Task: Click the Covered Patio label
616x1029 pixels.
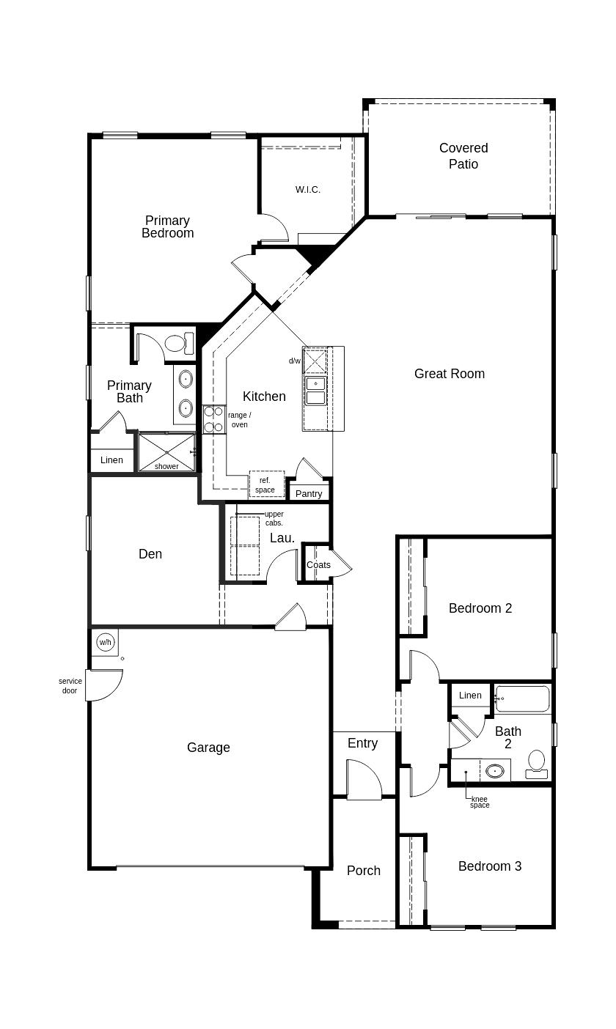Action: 463,156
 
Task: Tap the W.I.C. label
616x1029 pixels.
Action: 308,190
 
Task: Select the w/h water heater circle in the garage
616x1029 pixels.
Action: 106,642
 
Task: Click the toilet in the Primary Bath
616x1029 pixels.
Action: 177,343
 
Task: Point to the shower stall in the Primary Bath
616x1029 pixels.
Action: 166,452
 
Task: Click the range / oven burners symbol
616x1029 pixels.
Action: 213,419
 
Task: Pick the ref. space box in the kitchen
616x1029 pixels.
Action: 265,485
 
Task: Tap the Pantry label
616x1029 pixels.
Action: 309,494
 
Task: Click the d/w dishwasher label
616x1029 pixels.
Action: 294,361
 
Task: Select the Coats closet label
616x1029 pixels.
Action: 318,565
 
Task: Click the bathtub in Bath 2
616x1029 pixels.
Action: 522,699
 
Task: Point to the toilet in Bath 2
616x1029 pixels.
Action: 537,764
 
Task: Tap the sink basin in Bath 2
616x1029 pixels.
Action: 496,771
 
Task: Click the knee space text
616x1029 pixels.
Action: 480,803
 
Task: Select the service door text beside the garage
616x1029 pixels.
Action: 70,686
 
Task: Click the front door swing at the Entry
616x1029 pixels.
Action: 364,780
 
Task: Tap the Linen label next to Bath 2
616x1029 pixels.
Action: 470,696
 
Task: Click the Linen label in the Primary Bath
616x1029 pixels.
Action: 112,460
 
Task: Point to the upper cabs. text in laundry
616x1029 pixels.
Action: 274,519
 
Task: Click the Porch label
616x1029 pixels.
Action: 364,871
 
